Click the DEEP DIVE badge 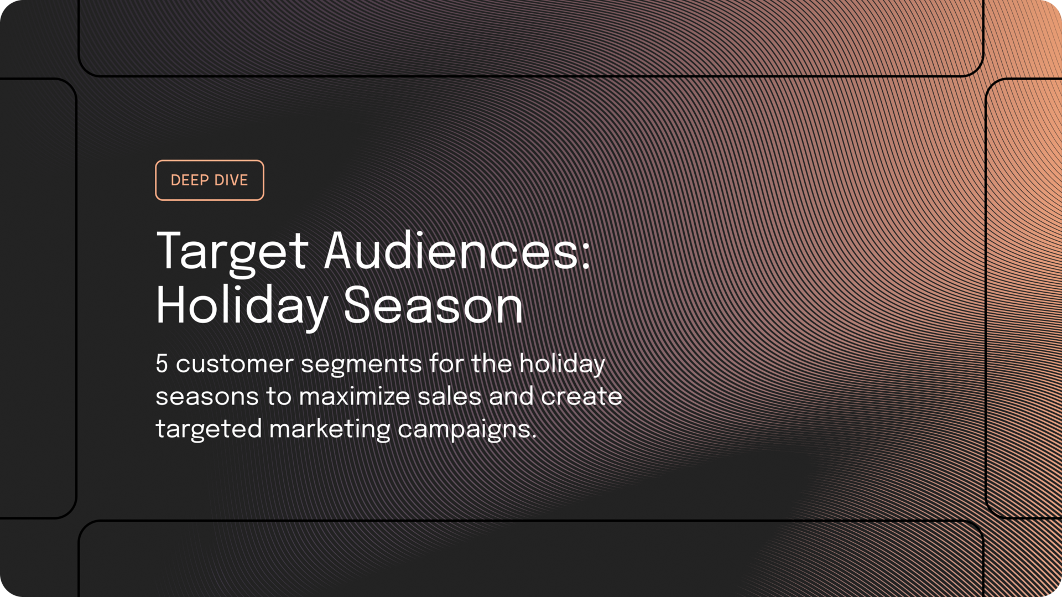(x=209, y=180)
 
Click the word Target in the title (x=231, y=252)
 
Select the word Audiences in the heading (x=451, y=252)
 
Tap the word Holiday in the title (x=242, y=306)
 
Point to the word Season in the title (x=433, y=306)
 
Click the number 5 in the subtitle (x=162, y=364)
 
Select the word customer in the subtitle (x=235, y=364)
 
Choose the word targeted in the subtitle (x=209, y=429)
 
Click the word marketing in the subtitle (x=330, y=429)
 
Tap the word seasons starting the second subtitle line (x=207, y=397)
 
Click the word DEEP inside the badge (x=189, y=180)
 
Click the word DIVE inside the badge (x=231, y=180)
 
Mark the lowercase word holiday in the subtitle (x=562, y=364)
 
